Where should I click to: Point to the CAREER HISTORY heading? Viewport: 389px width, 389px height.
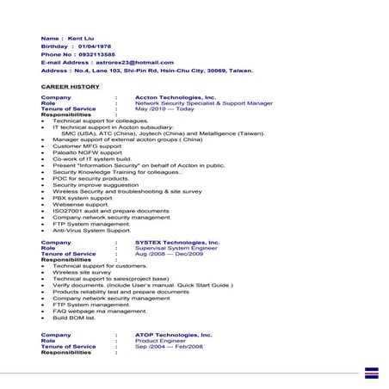click(71, 87)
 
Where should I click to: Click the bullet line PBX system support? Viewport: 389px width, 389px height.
click(83, 197)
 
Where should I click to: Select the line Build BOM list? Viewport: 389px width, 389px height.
click(76, 318)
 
